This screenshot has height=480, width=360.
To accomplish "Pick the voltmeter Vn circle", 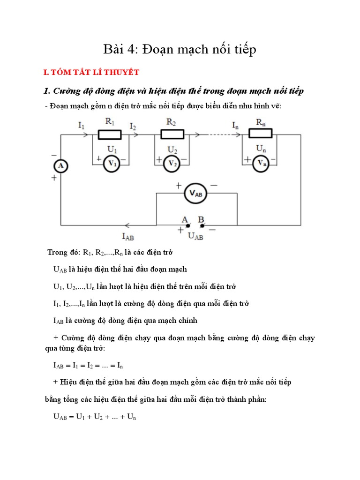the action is coord(261,164).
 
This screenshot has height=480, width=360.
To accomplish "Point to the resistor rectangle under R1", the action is coord(110,135).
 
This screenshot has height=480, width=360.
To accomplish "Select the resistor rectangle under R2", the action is coord(172,135).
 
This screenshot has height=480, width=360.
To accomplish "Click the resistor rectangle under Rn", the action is coord(260,135).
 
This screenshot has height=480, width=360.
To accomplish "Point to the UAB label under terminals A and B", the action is coord(195,237).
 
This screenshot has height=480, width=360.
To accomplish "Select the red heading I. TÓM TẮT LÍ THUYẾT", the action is coord(88,73).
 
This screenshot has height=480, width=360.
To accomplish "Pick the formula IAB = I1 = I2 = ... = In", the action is coord(88,365).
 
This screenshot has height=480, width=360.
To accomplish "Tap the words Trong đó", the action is coord(64,253).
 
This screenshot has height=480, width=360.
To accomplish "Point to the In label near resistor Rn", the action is coord(235,125).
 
